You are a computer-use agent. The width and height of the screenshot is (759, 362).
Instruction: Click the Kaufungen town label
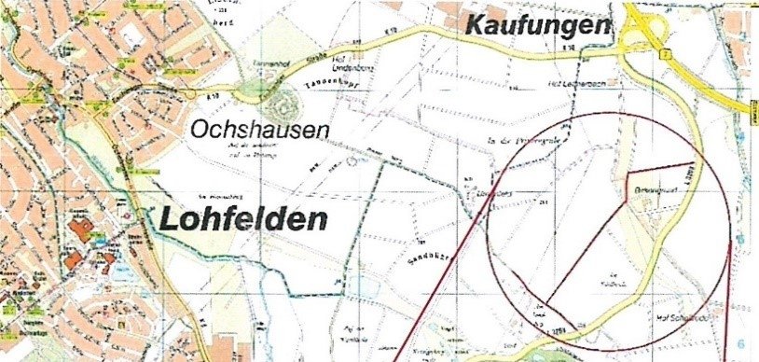(x=540, y=27)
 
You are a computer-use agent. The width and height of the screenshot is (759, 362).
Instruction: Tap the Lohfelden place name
(x=243, y=219)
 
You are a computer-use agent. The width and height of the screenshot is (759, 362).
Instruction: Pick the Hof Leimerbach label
(x=565, y=85)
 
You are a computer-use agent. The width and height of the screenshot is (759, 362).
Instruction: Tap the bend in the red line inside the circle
(x=628, y=173)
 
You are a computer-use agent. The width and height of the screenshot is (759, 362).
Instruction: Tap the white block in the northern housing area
(x=131, y=34)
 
